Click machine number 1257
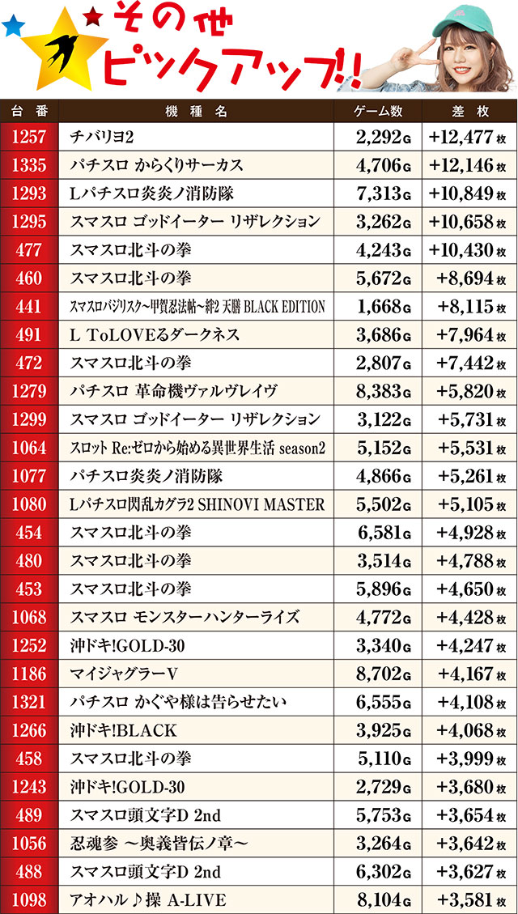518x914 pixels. pyautogui.click(x=29, y=137)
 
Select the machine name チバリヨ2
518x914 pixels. pyautogui.click(x=102, y=137)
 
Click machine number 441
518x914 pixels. pyautogui.click(x=29, y=307)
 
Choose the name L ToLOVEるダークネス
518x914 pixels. pyautogui.click(x=155, y=334)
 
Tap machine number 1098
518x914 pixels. pyautogui.click(x=29, y=900)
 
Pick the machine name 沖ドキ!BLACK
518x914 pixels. pyautogui.click(x=124, y=731)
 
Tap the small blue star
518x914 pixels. pyautogui.click(x=12, y=28)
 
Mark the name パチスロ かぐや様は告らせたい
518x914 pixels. pyautogui.click(x=178, y=703)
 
